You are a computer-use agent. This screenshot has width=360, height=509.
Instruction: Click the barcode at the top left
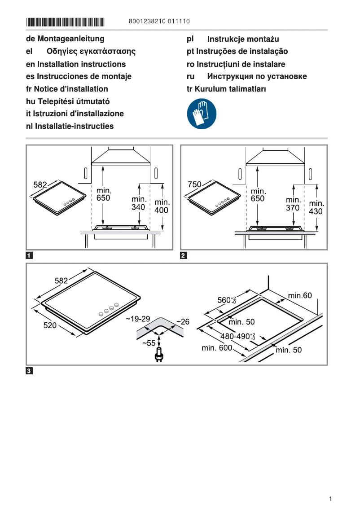tap(65, 22)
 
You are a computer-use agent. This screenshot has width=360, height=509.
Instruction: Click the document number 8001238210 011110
tap(159, 21)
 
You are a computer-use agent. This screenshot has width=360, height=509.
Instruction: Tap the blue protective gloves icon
tap(201, 114)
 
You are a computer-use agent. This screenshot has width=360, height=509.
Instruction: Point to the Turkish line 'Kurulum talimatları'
tap(226, 89)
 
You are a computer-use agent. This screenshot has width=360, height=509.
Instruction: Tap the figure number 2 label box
tap(183, 256)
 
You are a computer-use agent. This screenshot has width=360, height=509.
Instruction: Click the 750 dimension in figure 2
tap(194, 184)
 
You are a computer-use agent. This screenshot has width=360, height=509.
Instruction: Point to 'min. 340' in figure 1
tap(139, 203)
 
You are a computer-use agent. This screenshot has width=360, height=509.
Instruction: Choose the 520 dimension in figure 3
tap(49, 326)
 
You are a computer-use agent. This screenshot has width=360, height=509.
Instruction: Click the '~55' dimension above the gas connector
tap(149, 343)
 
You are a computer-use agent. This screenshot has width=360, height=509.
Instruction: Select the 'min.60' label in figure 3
tap(299, 295)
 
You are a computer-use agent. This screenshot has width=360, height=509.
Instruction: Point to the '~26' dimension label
tap(182, 322)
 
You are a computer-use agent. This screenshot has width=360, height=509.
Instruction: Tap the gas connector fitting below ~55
tap(158, 357)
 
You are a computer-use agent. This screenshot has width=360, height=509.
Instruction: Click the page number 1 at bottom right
tap(330, 499)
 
